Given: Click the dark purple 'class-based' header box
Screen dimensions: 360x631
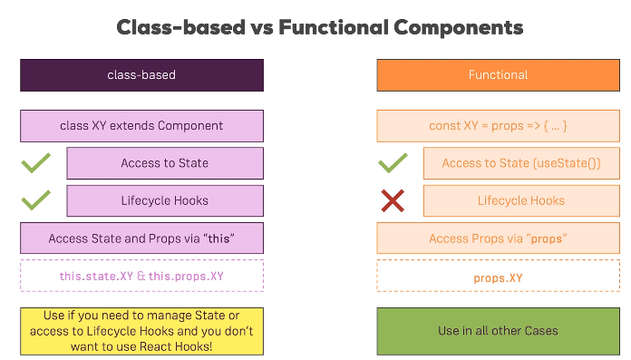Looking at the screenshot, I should (141, 75).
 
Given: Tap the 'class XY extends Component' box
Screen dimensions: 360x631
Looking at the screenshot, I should (141, 126).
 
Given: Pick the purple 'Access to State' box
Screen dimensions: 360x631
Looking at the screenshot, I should (165, 163).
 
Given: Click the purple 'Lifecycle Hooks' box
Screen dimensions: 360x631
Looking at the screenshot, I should (165, 200).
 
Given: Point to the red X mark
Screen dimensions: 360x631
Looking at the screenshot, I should (393, 201).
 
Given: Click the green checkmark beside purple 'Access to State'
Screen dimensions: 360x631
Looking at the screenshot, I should (35, 164).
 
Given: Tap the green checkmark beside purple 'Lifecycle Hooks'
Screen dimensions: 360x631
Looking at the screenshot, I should (35, 200).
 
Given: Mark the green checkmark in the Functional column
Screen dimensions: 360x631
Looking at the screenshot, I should (393, 164).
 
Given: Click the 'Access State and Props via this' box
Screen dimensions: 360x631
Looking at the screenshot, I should (141, 238).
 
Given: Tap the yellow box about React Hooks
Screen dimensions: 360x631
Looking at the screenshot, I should (141, 331).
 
